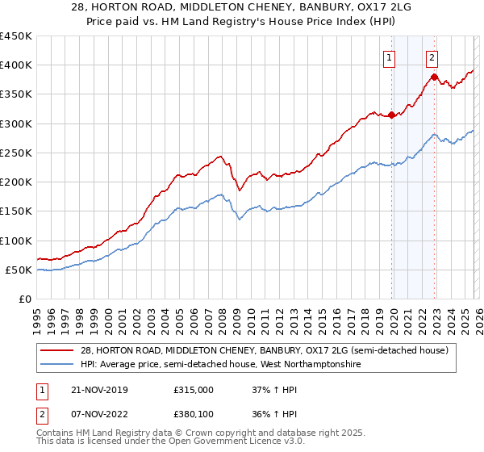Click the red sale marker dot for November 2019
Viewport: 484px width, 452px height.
click(392, 115)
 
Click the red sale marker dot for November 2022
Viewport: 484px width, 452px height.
click(434, 77)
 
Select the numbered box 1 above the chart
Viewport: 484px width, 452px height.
click(390, 57)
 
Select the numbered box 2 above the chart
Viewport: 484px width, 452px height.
click(432, 57)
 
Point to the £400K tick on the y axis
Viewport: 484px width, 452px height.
click(17, 65)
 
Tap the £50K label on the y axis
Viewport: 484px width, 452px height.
click(20, 270)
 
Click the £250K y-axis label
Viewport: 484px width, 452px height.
click(17, 153)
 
